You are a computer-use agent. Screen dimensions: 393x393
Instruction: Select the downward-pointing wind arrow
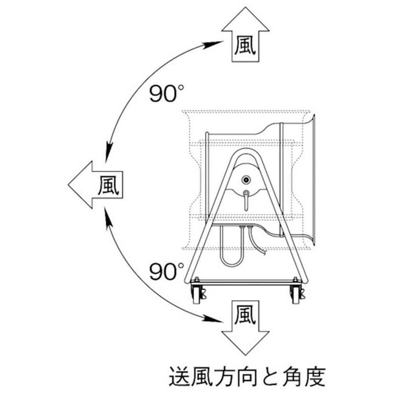245,328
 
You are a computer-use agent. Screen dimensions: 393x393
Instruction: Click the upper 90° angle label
167,94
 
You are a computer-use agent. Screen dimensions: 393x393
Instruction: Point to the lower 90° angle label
167,272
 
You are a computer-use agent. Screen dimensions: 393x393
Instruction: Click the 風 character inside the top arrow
245,46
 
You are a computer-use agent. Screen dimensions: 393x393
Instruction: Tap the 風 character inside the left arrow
108,185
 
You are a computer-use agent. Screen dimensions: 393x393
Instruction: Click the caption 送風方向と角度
247,377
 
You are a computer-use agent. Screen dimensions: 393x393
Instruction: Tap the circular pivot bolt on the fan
246,180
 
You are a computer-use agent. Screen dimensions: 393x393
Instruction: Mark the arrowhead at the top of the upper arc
213,45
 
